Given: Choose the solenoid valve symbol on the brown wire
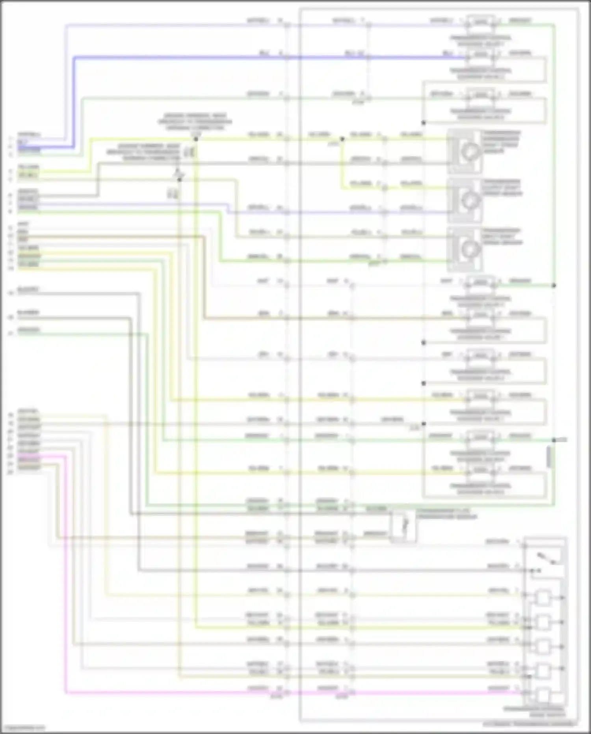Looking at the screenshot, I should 481,314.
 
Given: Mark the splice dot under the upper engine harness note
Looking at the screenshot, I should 196,139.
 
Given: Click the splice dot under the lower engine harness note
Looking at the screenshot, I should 180,179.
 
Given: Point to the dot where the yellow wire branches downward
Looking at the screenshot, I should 342,139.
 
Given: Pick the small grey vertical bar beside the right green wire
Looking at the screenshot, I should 548,458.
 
